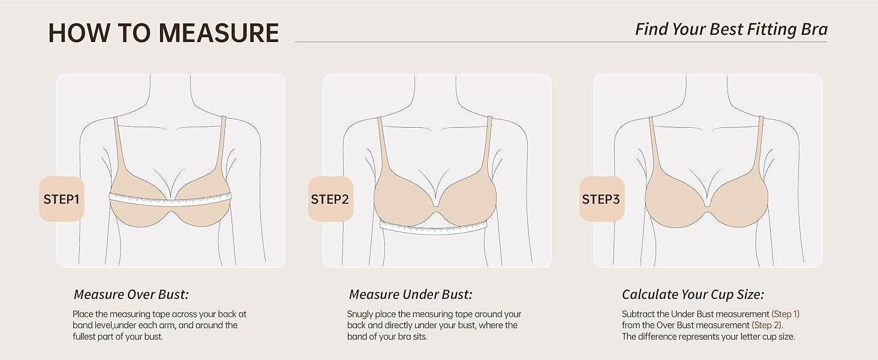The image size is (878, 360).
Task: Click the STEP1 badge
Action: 62,199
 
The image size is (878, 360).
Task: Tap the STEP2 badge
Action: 329,199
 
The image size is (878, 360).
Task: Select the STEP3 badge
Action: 601,199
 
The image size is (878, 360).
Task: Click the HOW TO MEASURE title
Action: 163,32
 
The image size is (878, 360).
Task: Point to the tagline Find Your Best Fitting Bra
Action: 731,29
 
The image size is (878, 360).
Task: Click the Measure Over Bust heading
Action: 131,295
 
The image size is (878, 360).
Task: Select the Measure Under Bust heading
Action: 410,295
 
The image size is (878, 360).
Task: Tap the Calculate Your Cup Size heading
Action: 693,295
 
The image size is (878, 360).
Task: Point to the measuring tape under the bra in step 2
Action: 433,227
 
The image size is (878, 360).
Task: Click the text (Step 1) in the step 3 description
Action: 785,314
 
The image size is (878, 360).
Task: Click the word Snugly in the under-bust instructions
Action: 360,314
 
